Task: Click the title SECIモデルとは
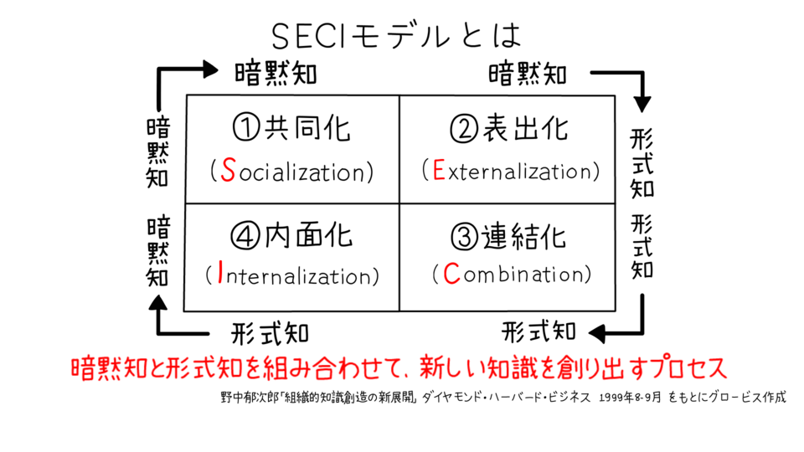pos(397,35)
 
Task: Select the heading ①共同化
pos(291,128)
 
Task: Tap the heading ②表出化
pos(509,128)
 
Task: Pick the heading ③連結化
pos(509,238)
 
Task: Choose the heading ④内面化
pos(291,238)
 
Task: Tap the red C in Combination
pos(451,274)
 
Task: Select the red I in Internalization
pos(220,275)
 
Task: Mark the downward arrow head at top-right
pos(642,103)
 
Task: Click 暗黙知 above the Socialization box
pos(276,74)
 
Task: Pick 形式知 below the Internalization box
pos(270,332)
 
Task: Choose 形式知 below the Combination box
pos(539,331)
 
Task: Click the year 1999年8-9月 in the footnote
pos(639,398)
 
